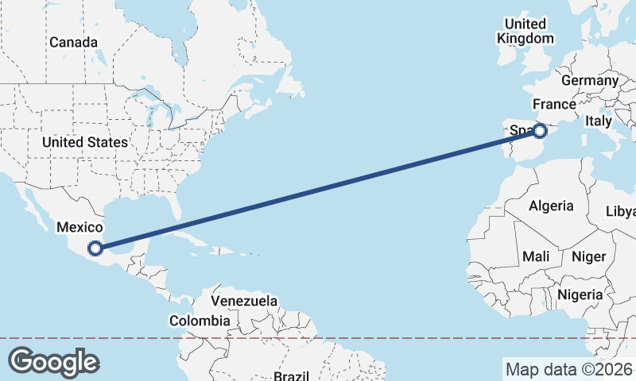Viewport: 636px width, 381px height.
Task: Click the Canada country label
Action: pos(73,42)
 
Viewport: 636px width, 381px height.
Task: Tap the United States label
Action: pos(84,142)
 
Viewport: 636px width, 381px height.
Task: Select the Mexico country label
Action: pos(79,228)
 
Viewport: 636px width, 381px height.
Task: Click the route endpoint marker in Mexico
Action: pos(95,248)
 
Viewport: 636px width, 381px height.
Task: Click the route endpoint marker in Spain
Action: pos(540,130)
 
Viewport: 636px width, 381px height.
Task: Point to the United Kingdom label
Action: pos(525,31)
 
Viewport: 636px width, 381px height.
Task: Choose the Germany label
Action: pos(589,80)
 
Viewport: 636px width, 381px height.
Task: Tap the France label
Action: pos(554,104)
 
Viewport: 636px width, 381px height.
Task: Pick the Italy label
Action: pos(598,121)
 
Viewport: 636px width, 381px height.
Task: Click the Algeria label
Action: pos(551,206)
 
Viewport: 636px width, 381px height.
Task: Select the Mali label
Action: pos(536,256)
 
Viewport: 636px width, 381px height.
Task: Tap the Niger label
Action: pos(588,256)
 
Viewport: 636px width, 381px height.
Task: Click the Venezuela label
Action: pos(245,301)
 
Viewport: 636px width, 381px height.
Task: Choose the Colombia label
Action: pos(200,321)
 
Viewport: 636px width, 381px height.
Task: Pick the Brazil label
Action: pos(292,375)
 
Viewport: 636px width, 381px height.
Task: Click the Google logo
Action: pos(53,362)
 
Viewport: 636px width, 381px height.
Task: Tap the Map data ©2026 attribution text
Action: pos(568,369)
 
